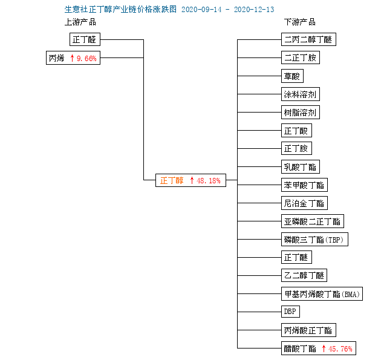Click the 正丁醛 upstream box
pyautogui.click(x=85, y=39)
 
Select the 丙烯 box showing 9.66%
pyautogui.click(x=73, y=58)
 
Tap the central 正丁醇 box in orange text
pyautogui.click(x=190, y=180)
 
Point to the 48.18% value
pyautogui.click(x=209, y=181)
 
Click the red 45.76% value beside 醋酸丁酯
pyautogui.click(x=340, y=349)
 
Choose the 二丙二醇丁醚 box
pyautogui.click(x=308, y=39)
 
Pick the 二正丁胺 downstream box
pyautogui.click(x=301, y=57)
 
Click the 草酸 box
pyautogui.click(x=292, y=76)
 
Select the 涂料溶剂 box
pyautogui.click(x=301, y=94)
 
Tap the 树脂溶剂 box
pyautogui.click(x=301, y=113)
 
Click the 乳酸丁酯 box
pyautogui.click(x=301, y=167)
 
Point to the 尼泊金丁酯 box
pyautogui.click(x=304, y=203)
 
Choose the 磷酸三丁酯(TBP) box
pyautogui.click(x=314, y=240)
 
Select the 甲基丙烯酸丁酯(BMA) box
pyautogui.click(x=322, y=294)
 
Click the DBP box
pyautogui.click(x=290, y=312)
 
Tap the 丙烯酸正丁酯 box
pyautogui.click(x=308, y=330)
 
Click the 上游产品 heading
pyautogui.click(x=80, y=22)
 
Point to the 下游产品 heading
pyautogui.click(x=300, y=22)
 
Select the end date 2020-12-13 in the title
pyautogui.click(x=254, y=10)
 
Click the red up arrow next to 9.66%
pyautogui.click(x=72, y=58)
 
